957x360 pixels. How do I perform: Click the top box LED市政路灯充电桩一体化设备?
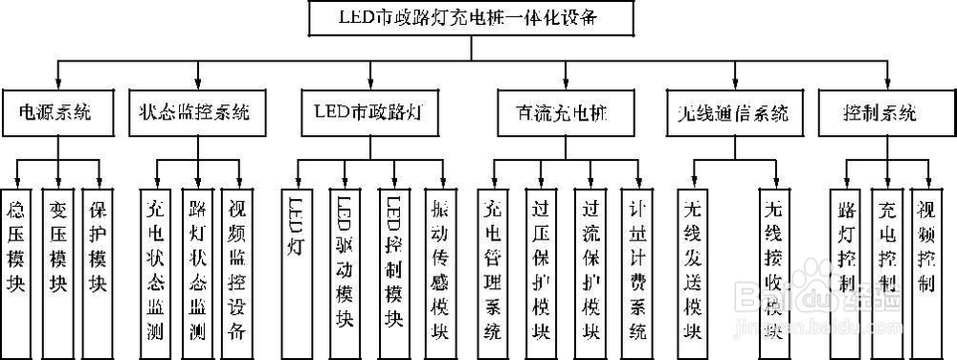tap(473, 16)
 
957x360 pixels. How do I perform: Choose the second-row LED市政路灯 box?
tap(367, 112)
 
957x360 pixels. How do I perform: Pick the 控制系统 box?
tap(879, 112)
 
